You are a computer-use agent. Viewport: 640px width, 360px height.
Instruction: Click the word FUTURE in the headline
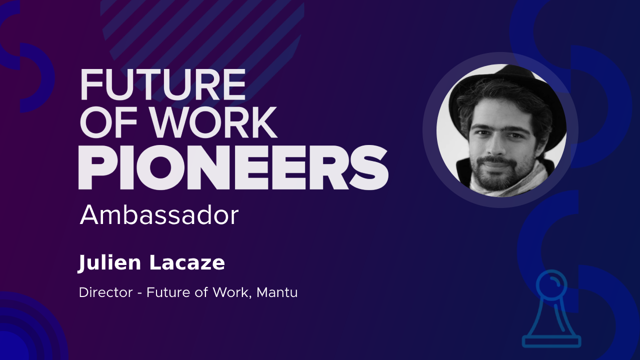[163, 84]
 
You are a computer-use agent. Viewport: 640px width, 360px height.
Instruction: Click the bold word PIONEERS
[233, 167]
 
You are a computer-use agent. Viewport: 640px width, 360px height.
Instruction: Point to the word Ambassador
[159, 215]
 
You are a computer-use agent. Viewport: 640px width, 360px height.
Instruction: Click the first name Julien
[109, 263]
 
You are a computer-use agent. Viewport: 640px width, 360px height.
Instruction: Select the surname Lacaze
[187, 262]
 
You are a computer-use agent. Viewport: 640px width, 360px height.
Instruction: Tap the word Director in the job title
[106, 292]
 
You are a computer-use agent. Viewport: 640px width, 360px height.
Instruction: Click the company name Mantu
[277, 292]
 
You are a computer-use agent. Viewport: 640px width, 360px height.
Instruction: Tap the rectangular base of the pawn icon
[551, 341]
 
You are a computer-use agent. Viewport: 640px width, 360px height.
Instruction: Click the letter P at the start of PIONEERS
[95, 167]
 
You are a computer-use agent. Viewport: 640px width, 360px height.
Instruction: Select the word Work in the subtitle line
[231, 292]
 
